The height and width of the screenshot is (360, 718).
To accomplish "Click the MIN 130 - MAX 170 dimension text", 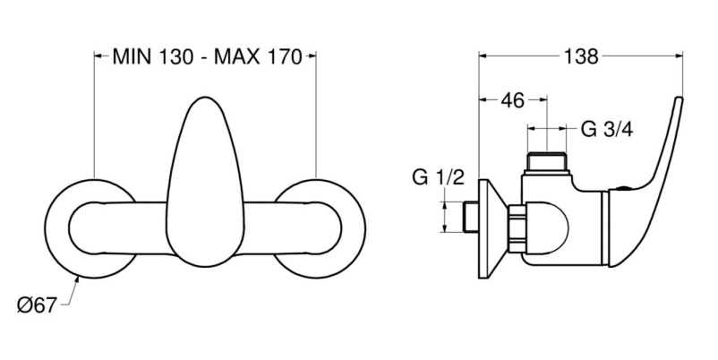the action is pos(207,56).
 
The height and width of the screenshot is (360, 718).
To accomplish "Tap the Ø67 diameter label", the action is pos(37,305).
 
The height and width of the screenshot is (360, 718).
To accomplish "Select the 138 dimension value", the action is pos(581,56).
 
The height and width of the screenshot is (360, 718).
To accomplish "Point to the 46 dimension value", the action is pos(512,100).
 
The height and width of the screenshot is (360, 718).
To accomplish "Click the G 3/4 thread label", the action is pos(607,130).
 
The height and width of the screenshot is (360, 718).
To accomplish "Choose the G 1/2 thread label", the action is pos(438,177).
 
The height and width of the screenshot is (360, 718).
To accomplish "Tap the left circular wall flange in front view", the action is pos(90,228).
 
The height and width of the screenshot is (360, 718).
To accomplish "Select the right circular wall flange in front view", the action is pos(321,228).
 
